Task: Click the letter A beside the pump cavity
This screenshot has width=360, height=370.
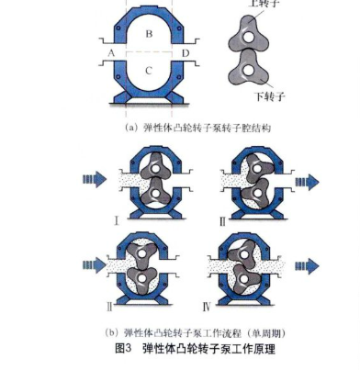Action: point(110,54)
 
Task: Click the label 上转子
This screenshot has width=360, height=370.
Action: point(264,4)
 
